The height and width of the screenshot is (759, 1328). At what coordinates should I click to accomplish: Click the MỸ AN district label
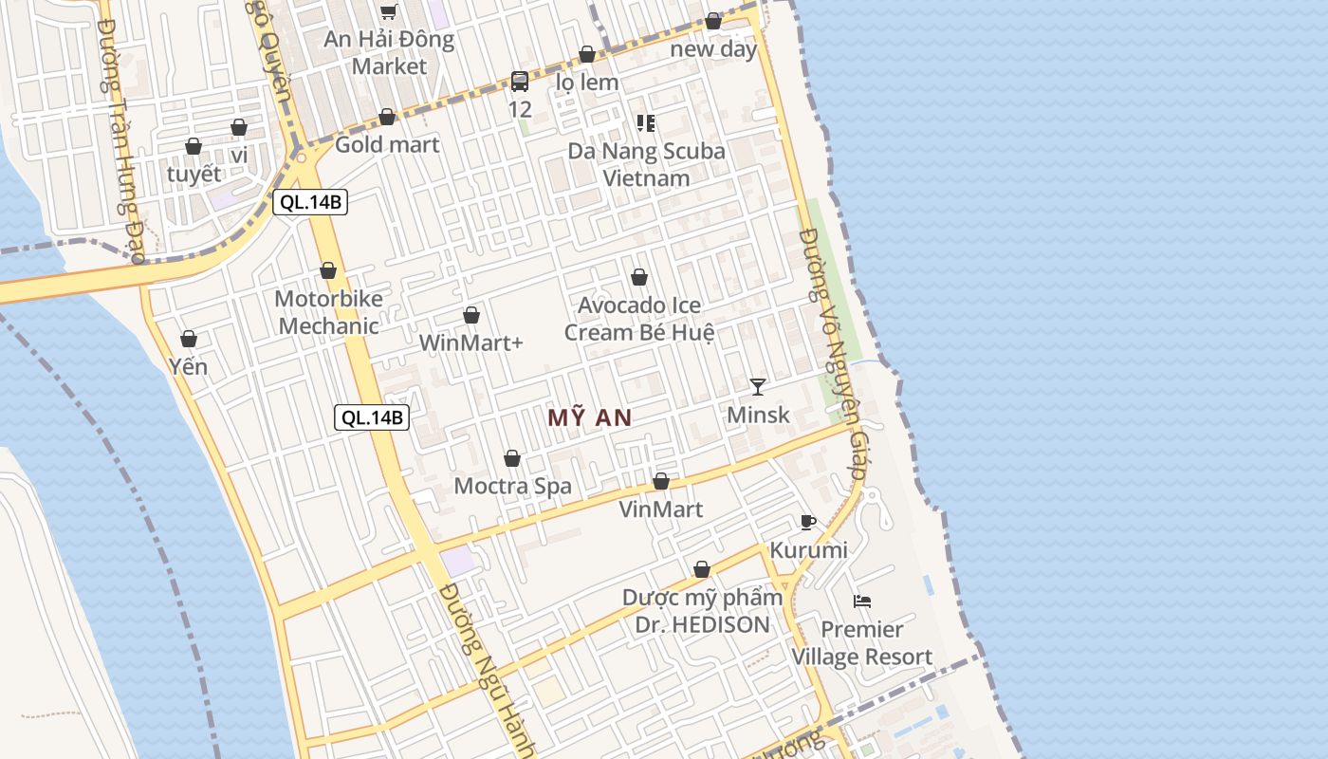(590, 417)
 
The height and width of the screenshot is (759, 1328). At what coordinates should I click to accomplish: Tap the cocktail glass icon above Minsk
(758, 386)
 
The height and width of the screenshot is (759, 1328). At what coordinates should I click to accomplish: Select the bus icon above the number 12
(520, 82)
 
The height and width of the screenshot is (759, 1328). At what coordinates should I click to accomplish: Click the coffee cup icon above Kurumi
(808, 522)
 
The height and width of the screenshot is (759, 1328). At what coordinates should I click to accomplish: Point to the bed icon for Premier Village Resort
(862, 602)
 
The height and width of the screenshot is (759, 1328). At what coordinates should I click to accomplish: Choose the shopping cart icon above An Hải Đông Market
(388, 11)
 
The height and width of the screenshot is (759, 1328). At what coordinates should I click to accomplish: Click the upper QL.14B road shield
(310, 202)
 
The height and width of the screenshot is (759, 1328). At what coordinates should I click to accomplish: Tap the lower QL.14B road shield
(372, 417)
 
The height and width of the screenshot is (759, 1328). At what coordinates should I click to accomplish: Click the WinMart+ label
(471, 342)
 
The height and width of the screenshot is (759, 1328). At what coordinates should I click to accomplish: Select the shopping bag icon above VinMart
(661, 482)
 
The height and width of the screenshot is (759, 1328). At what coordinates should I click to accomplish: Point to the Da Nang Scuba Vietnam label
(646, 164)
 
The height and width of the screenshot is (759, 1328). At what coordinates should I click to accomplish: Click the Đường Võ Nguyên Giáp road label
(833, 351)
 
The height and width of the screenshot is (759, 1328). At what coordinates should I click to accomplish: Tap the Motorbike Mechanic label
(328, 312)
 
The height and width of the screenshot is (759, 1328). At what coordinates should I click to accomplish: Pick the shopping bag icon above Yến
(189, 339)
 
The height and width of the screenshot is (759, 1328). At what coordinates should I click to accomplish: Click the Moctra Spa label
(512, 487)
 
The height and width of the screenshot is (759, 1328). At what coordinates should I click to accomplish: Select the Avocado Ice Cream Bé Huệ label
(639, 319)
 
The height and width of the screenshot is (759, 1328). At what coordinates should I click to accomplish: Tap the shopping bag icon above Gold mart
(387, 117)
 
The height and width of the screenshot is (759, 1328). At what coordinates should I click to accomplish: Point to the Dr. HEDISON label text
(702, 624)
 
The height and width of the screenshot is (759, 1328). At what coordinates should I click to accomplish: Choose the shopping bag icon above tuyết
(194, 146)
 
